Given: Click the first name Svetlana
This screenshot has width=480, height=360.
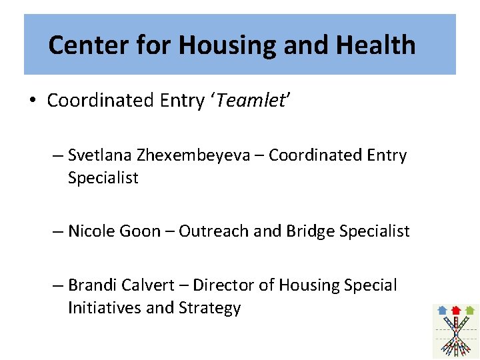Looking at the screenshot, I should tap(100, 155).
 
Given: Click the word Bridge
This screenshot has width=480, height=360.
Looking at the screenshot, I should tap(310, 231).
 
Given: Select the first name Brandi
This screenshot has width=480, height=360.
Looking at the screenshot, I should tap(92, 285).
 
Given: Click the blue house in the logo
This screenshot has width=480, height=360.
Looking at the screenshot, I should tap(442, 310).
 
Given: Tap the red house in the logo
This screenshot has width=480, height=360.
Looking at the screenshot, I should tap(456, 310).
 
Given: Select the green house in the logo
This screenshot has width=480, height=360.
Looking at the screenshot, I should tap(470, 310).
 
